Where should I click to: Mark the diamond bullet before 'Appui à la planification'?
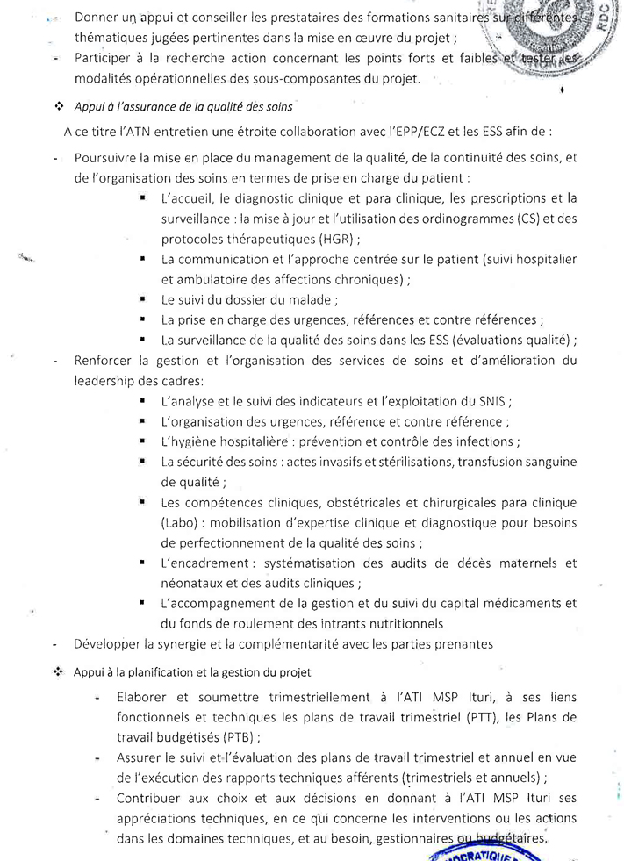click(x=60, y=672)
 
